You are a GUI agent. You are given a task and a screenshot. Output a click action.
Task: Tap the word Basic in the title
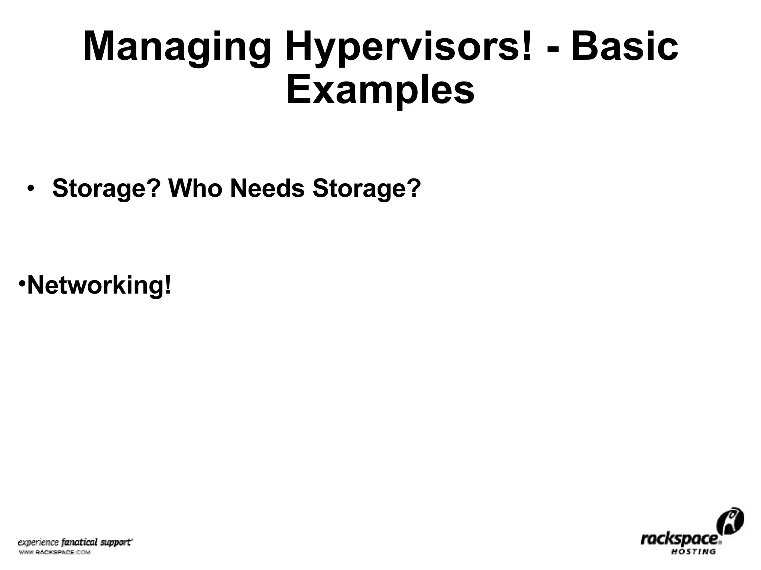[x=624, y=47]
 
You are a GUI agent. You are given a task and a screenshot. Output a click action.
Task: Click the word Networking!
[x=100, y=285]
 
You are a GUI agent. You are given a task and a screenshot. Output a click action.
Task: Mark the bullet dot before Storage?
[x=30, y=188]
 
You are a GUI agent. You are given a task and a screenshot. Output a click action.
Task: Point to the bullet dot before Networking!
[x=22, y=283]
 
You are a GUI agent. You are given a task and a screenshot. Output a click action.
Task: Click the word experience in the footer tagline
[x=38, y=543]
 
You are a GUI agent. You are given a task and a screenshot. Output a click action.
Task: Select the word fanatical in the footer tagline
[x=79, y=542]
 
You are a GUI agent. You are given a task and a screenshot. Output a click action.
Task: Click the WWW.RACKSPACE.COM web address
[x=54, y=553]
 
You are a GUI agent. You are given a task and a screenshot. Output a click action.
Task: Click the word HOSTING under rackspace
[x=693, y=551]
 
